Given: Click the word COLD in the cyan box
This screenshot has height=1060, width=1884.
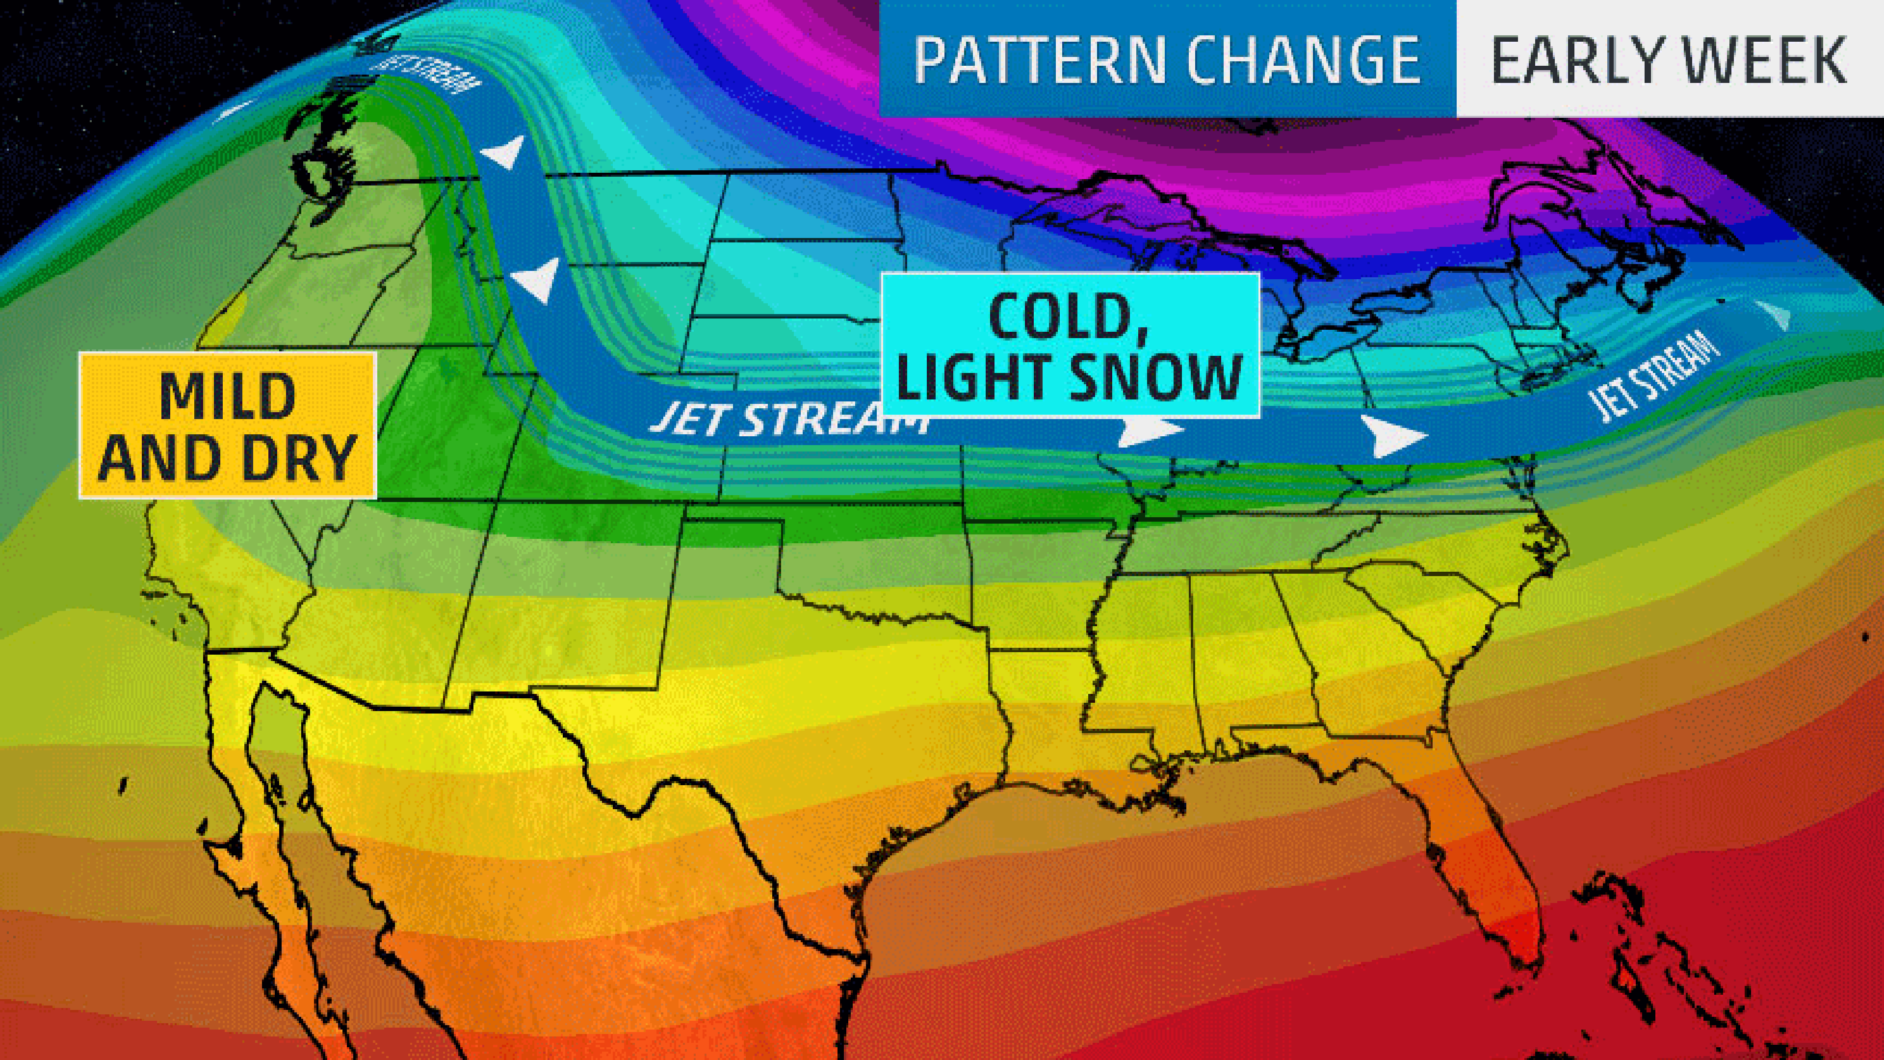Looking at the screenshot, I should [x=1069, y=317].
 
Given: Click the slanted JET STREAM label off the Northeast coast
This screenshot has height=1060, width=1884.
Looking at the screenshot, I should [x=1653, y=375].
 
